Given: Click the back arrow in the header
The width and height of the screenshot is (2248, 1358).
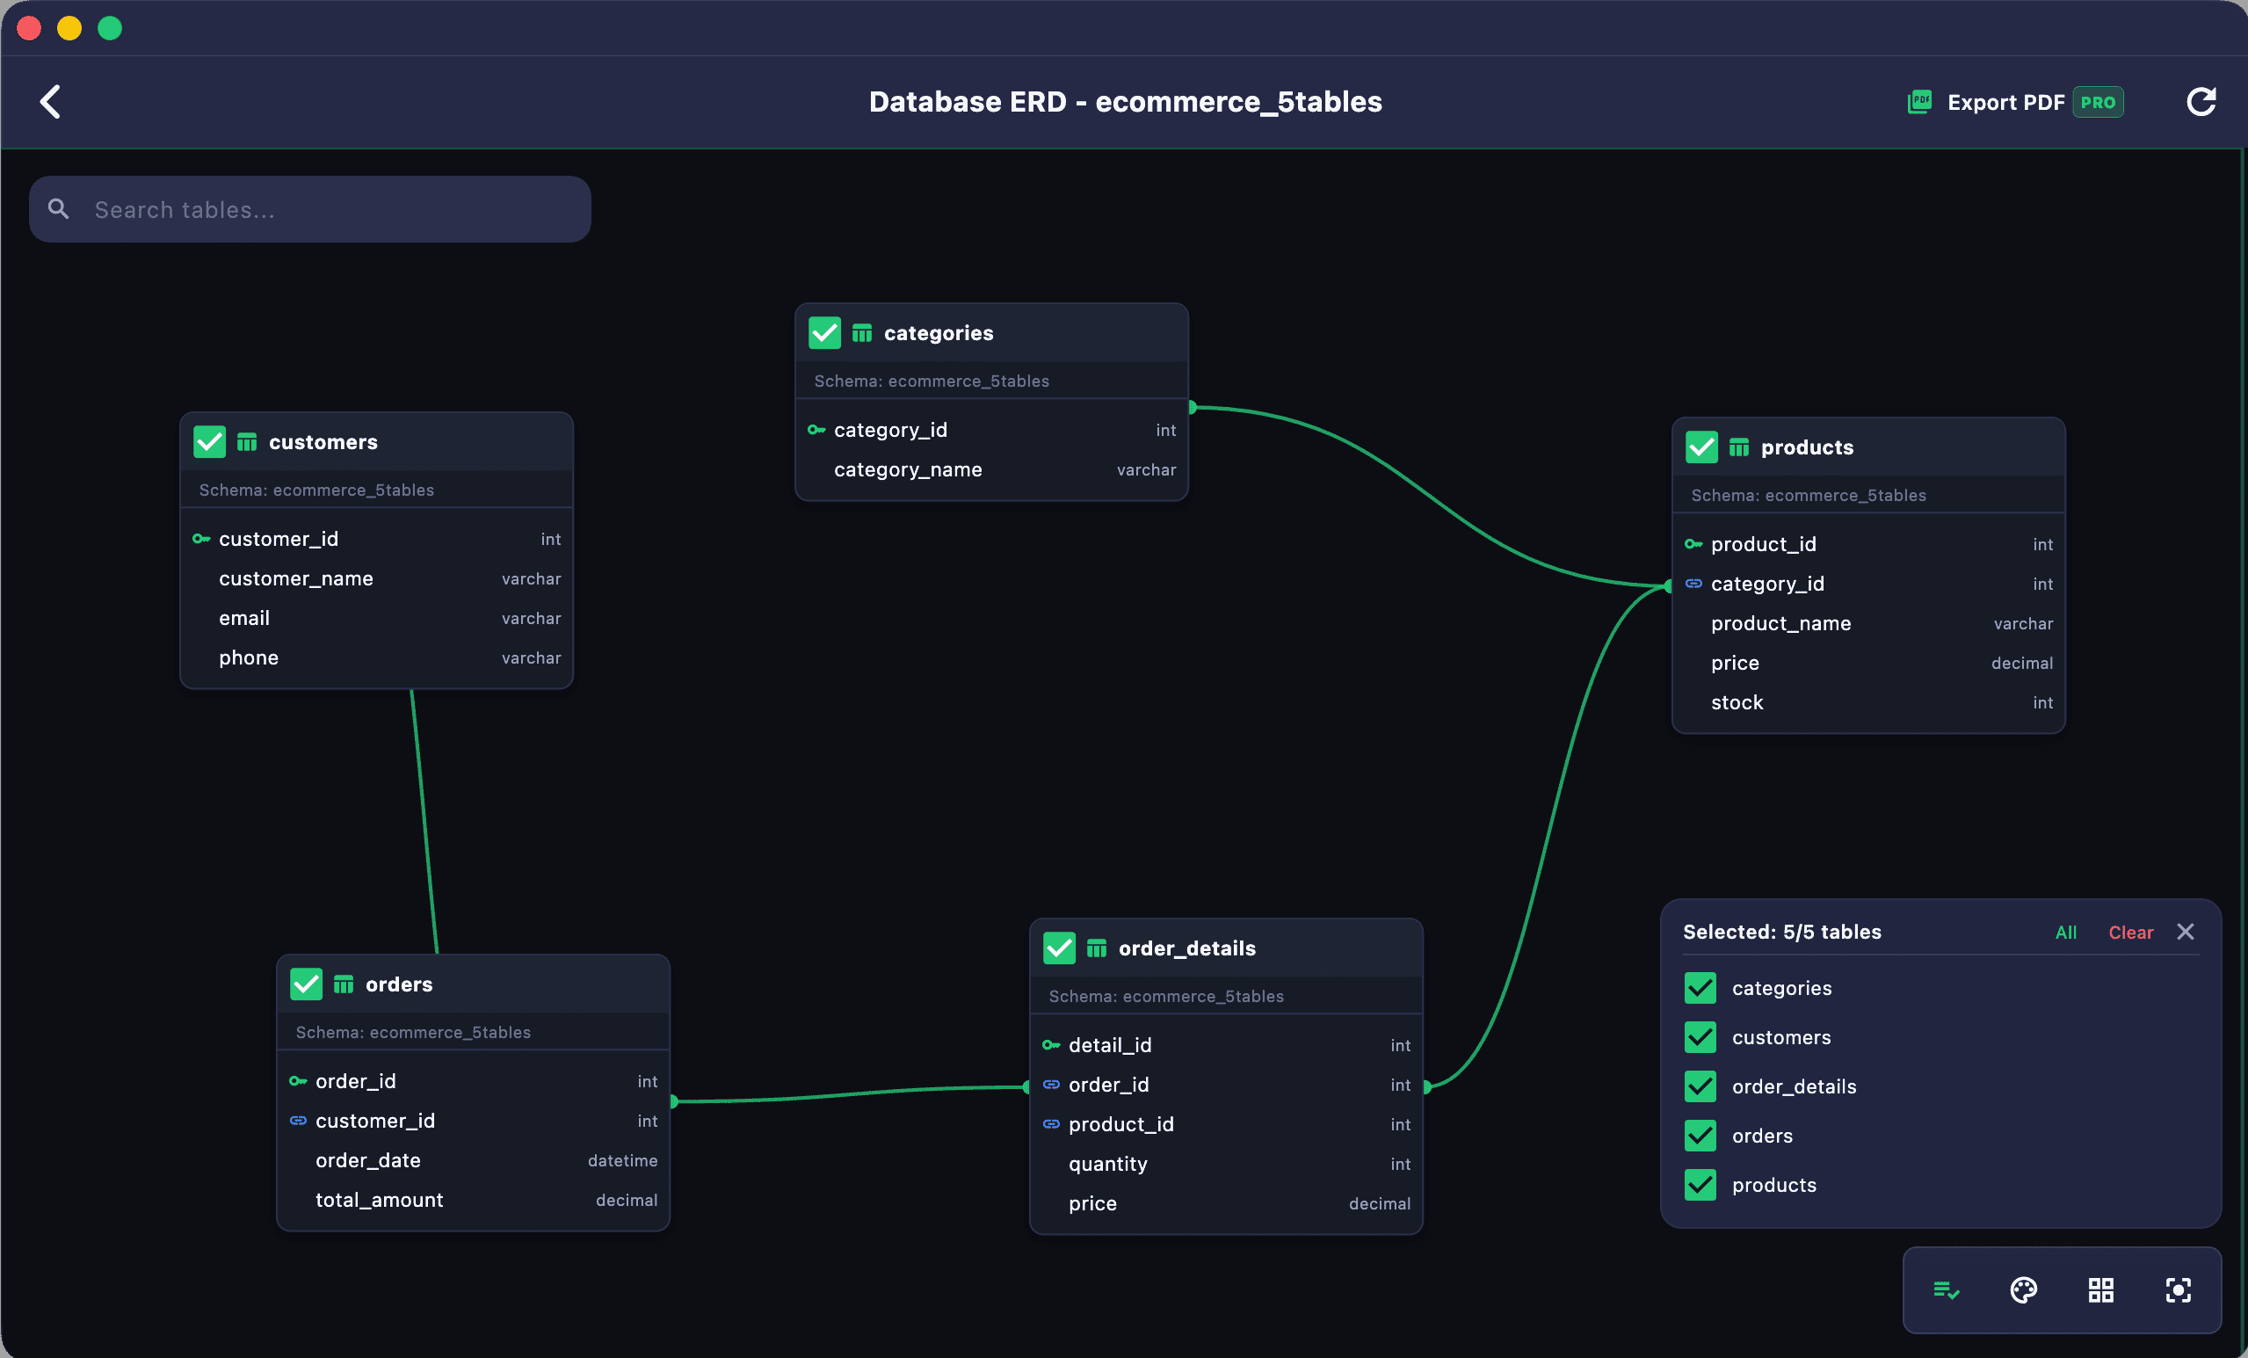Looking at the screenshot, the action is (x=51, y=101).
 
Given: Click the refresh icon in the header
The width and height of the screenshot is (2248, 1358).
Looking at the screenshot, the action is (x=2201, y=101).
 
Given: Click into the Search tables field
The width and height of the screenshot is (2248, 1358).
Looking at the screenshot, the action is (x=310, y=209).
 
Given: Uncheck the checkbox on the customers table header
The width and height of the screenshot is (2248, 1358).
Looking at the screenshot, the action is (x=210, y=442).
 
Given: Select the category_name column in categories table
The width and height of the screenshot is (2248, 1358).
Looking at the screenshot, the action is (x=908, y=470).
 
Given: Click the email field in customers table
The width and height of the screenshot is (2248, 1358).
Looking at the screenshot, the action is (x=244, y=619).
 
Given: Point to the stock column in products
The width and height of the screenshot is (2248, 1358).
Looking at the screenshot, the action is (x=1737, y=702).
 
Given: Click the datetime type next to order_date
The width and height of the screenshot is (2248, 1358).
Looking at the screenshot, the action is (x=622, y=1161).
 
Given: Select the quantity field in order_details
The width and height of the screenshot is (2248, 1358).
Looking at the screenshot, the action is (x=1107, y=1165).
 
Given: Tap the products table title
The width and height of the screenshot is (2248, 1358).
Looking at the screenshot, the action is (x=1807, y=447).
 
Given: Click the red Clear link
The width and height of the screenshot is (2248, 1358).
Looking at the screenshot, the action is (x=2130, y=932).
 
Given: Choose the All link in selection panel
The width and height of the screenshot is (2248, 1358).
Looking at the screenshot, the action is (x=2065, y=932).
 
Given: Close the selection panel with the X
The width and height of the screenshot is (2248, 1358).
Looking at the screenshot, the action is (x=2185, y=932).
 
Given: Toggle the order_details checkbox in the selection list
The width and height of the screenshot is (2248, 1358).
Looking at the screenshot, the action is (x=1701, y=1086).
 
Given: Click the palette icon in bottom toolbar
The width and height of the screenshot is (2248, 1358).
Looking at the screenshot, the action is (x=2024, y=1289).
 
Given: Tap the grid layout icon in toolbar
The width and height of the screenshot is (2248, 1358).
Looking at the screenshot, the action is (x=2101, y=1289).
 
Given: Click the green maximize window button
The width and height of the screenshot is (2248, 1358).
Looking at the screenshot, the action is (x=111, y=28).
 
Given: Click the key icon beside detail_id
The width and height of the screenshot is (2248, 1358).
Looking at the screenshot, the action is (x=1051, y=1045).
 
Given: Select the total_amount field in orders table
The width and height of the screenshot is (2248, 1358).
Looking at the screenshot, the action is (x=379, y=1200).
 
